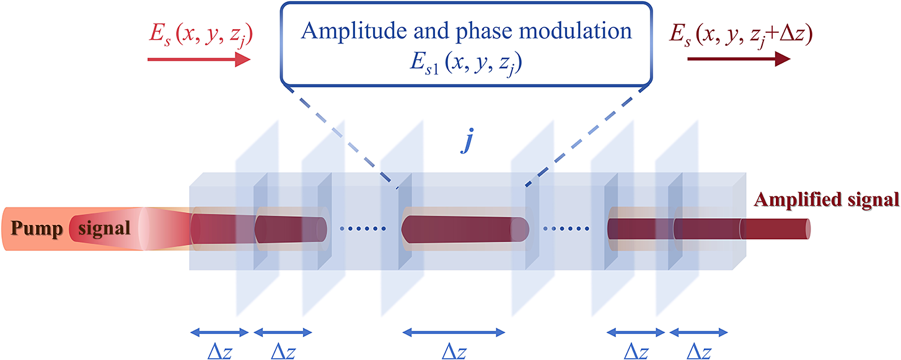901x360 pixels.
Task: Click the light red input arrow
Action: coord(198,59)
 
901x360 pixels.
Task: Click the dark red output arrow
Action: coord(738,59)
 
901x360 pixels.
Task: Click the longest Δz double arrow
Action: coord(454,332)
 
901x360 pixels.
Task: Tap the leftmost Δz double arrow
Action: coord(219,332)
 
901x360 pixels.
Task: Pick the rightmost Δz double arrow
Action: coord(698,332)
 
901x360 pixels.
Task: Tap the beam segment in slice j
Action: coord(465,229)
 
